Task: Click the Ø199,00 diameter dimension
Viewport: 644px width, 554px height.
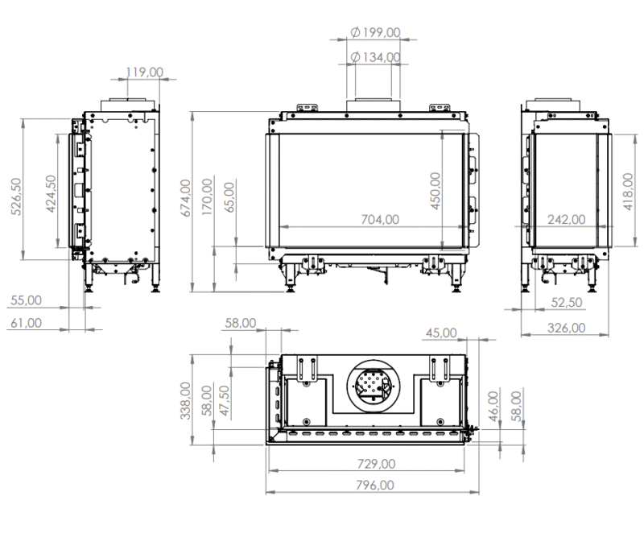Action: click(376, 32)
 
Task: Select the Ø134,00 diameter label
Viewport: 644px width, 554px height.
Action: click(376, 57)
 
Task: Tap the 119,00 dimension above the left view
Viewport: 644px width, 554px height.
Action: click(145, 72)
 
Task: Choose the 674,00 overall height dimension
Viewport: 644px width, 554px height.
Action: click(185, 198)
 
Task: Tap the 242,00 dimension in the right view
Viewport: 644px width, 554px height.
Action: click(567, 219)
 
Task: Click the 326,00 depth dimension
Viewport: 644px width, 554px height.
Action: click(566, 328)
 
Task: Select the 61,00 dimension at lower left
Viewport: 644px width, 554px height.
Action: click(27, 323)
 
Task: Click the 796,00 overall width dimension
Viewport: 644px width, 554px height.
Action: click(374, 485)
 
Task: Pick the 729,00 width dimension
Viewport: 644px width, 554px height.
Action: click(376, 464)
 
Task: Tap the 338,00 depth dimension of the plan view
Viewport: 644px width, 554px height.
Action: click(185, 401)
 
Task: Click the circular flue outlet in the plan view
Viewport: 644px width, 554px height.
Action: click(372, 384)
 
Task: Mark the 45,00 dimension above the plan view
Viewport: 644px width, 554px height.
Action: click(441, 333)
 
